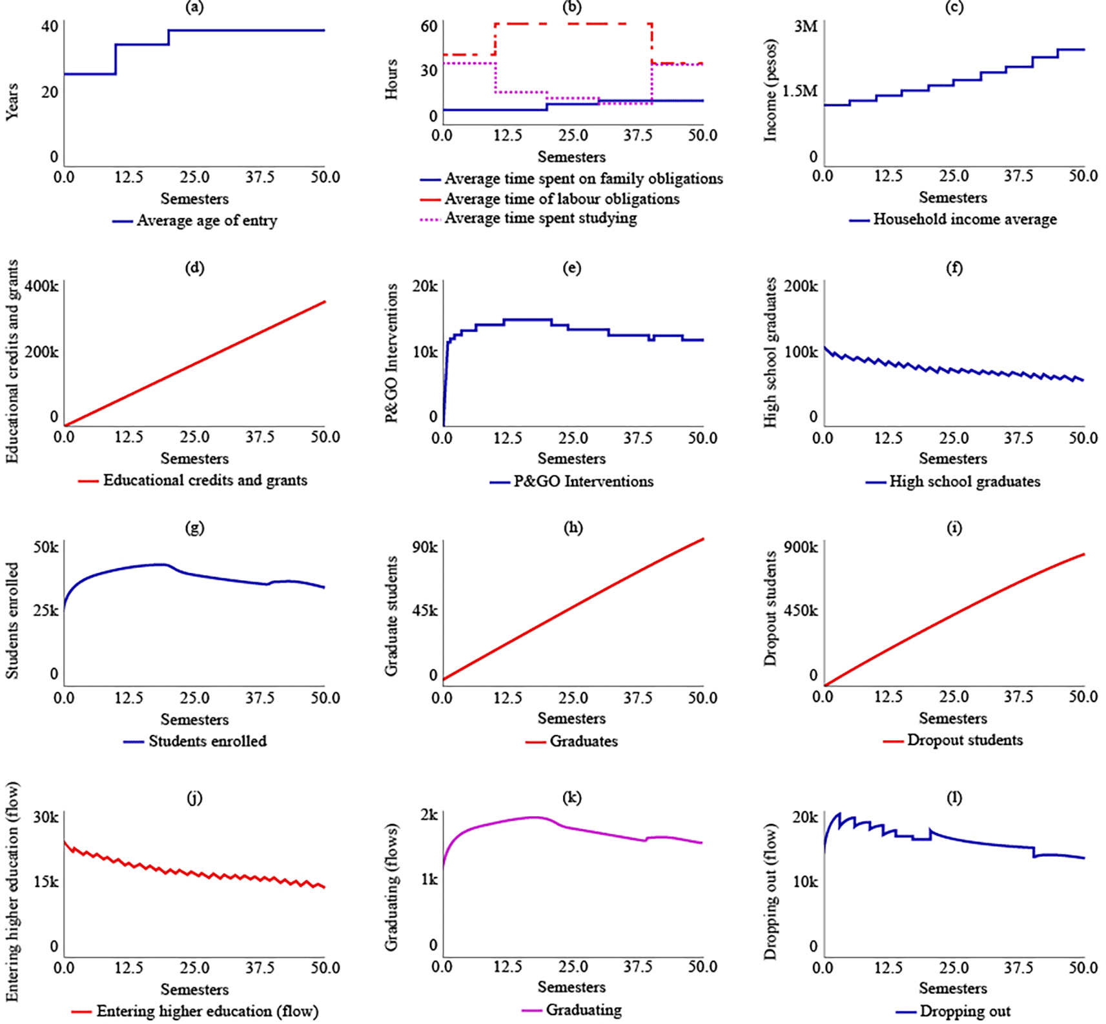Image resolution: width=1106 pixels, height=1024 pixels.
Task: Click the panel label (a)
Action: [x=194, y=7]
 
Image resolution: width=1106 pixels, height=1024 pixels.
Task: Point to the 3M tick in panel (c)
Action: [x=805, y=26]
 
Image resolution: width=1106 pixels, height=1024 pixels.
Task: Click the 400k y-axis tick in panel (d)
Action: [x=41, y=286]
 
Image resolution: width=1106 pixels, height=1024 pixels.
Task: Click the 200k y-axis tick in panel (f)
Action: [x=801, y=286]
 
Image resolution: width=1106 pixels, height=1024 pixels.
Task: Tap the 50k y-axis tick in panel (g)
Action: [x=46, y=547]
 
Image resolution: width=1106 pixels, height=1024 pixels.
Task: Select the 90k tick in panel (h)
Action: [x=425, y=547]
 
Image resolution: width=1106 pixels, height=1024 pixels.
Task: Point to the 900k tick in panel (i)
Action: [x=801, y=547]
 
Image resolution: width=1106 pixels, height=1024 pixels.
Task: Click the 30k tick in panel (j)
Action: [x=46, y=817]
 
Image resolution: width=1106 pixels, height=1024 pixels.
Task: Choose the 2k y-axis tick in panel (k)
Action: [x=429, y=815]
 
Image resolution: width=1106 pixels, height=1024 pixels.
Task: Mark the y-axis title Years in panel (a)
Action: [x=12, y=101]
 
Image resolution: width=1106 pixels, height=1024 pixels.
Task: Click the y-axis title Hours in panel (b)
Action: [x=391, y=79]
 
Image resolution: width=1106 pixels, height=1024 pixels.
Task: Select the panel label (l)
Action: [x=954, y=798]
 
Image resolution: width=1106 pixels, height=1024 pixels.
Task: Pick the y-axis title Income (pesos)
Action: [x=770, y=90]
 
